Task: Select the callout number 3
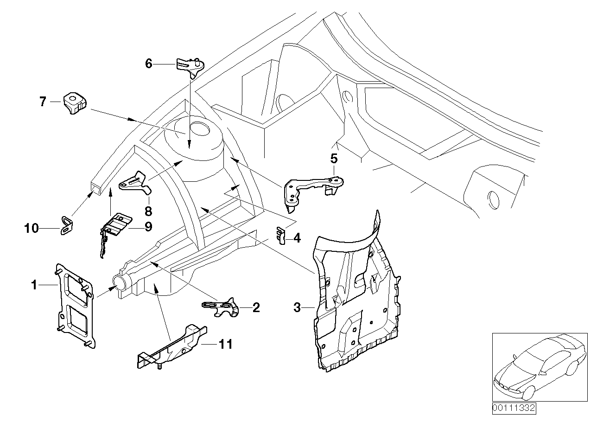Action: (298, 307)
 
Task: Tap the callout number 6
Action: (148, 64)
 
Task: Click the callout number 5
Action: (334, 159)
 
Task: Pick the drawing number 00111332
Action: (514, 408)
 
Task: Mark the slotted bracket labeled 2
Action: (220, 307)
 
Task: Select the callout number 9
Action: (148, 227)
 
